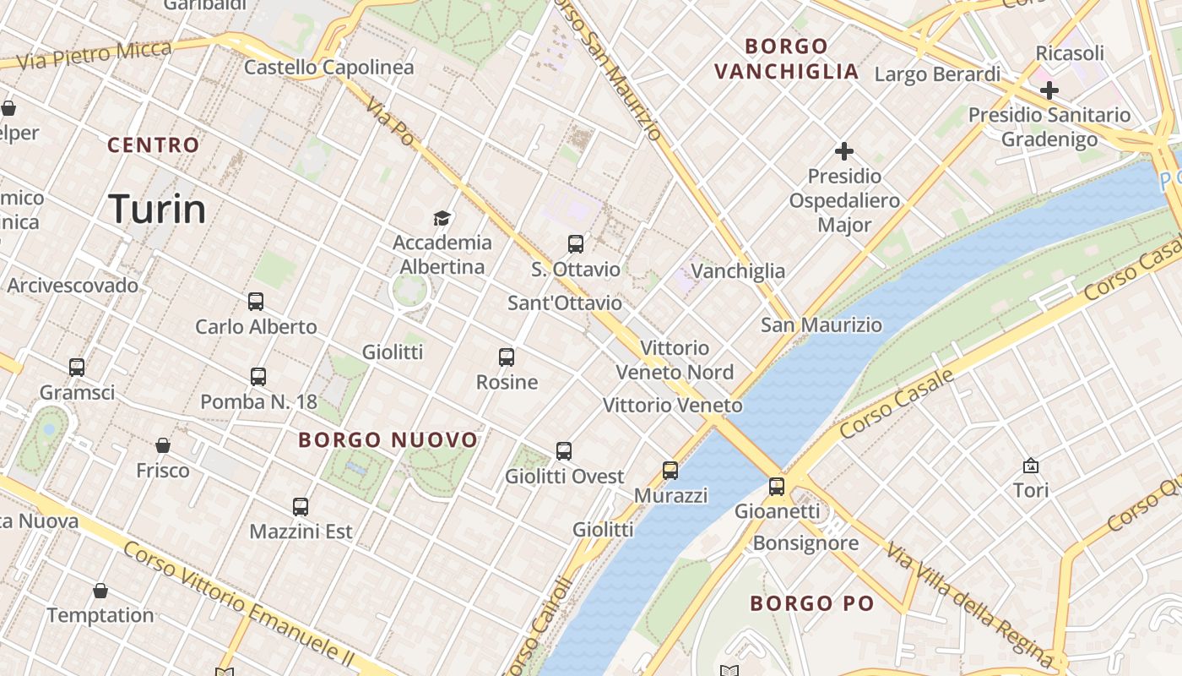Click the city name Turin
tap(158, 209)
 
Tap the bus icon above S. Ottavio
tap(576, 244)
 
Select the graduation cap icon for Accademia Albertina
tap(442, 218)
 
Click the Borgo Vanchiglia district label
tap(786, 58)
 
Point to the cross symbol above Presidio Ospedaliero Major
tap(843, 151)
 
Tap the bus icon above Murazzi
tap(670, 470)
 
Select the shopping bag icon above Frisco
tap(163, 444)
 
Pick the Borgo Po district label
tap(811, 603)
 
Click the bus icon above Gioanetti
tap(777, 486)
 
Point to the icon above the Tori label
tap(1031, 465)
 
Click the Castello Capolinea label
tap(328, 68)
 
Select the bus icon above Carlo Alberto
tap(256, 301)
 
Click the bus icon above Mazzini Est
tap(301, 506)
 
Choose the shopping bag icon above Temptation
tap(100, 590)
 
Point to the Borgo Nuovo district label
tap(388, 440)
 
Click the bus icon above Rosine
tap(507, 357)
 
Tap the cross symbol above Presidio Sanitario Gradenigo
tap(1049, 90)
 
